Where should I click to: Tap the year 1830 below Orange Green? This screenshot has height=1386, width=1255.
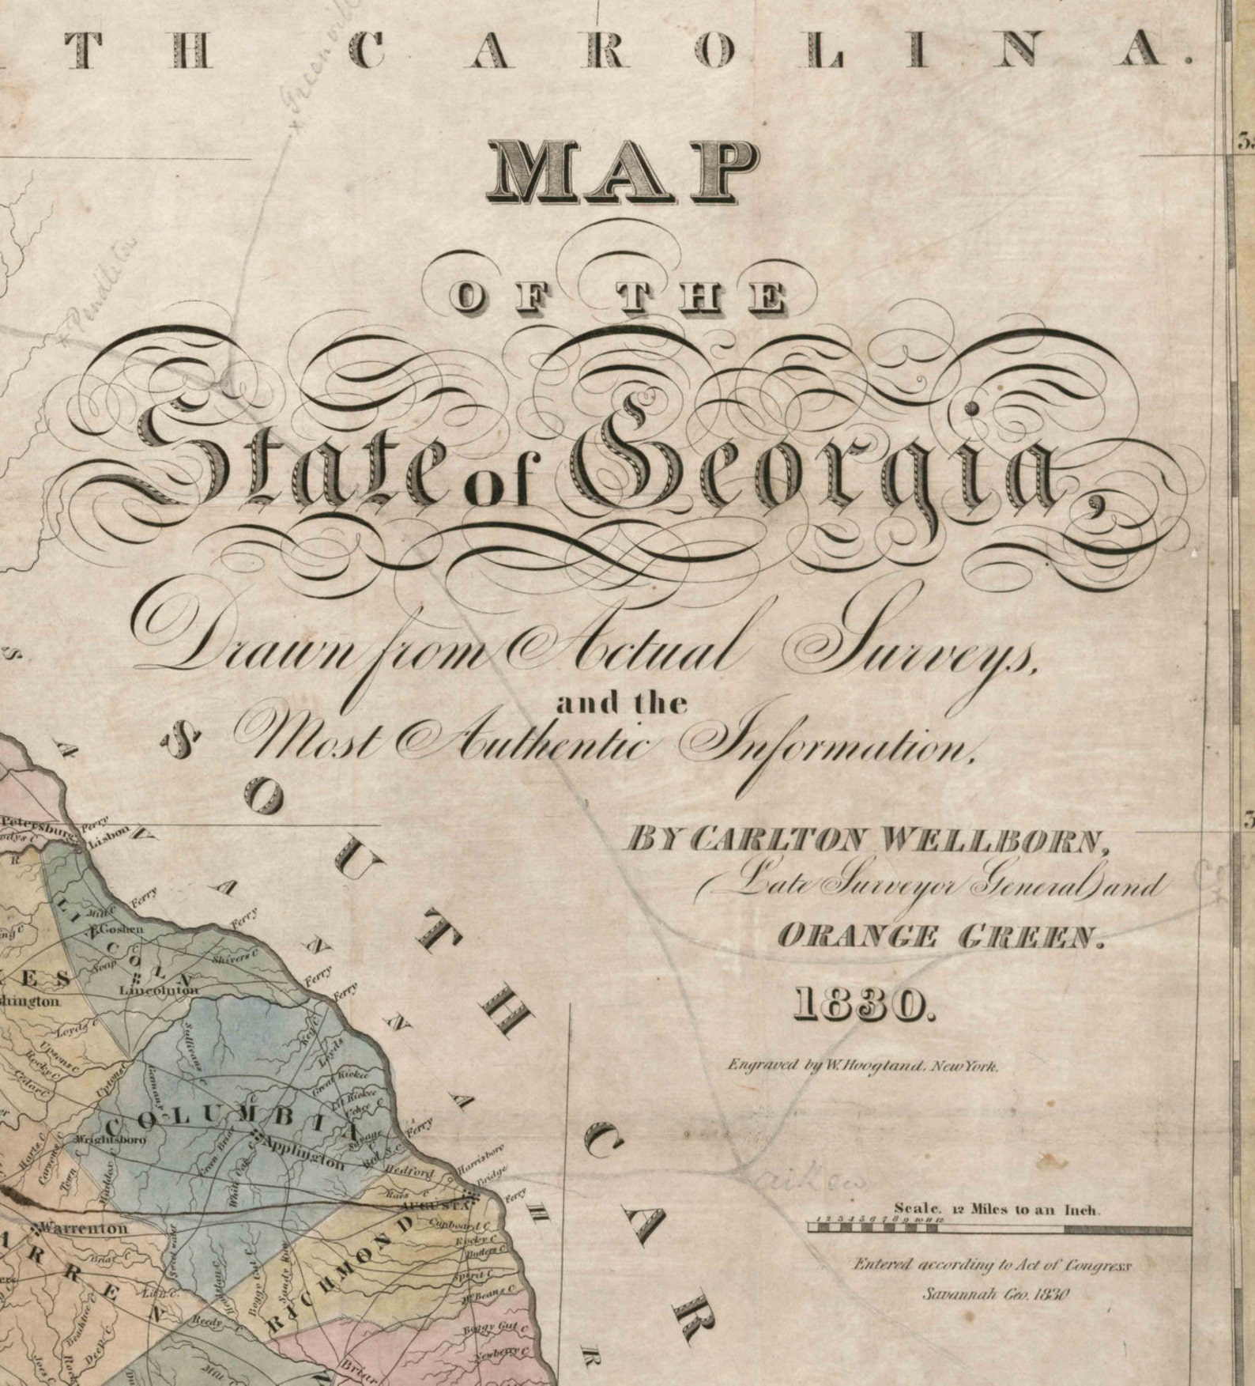tap(863, 1005)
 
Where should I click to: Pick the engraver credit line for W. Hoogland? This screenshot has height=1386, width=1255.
tap(863, 1066)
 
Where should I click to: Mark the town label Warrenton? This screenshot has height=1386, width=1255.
tap(82, 1228)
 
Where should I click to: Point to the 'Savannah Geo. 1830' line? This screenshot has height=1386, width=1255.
tap(995, 1294)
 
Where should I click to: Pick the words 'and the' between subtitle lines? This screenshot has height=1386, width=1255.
tap(621, 703)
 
